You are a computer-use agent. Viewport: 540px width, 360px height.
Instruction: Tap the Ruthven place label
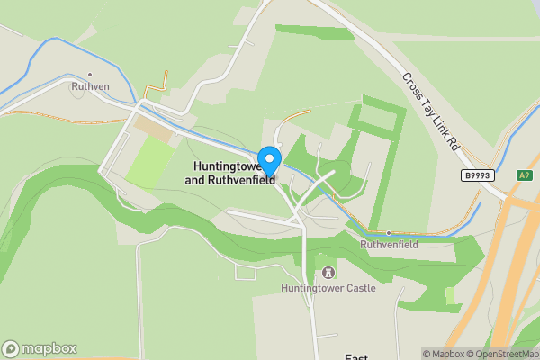(90, 87)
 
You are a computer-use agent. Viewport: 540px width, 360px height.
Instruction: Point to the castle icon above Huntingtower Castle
(328, 272)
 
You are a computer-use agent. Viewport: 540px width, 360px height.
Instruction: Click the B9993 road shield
(478, 175)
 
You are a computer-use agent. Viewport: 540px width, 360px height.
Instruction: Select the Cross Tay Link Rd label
(430, 112)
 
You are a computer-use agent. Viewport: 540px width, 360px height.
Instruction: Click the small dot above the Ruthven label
(90, 75)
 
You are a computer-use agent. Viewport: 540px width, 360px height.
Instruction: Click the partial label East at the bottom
(357, 356)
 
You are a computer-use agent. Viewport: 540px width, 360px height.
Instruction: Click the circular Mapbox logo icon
(12, 349)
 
